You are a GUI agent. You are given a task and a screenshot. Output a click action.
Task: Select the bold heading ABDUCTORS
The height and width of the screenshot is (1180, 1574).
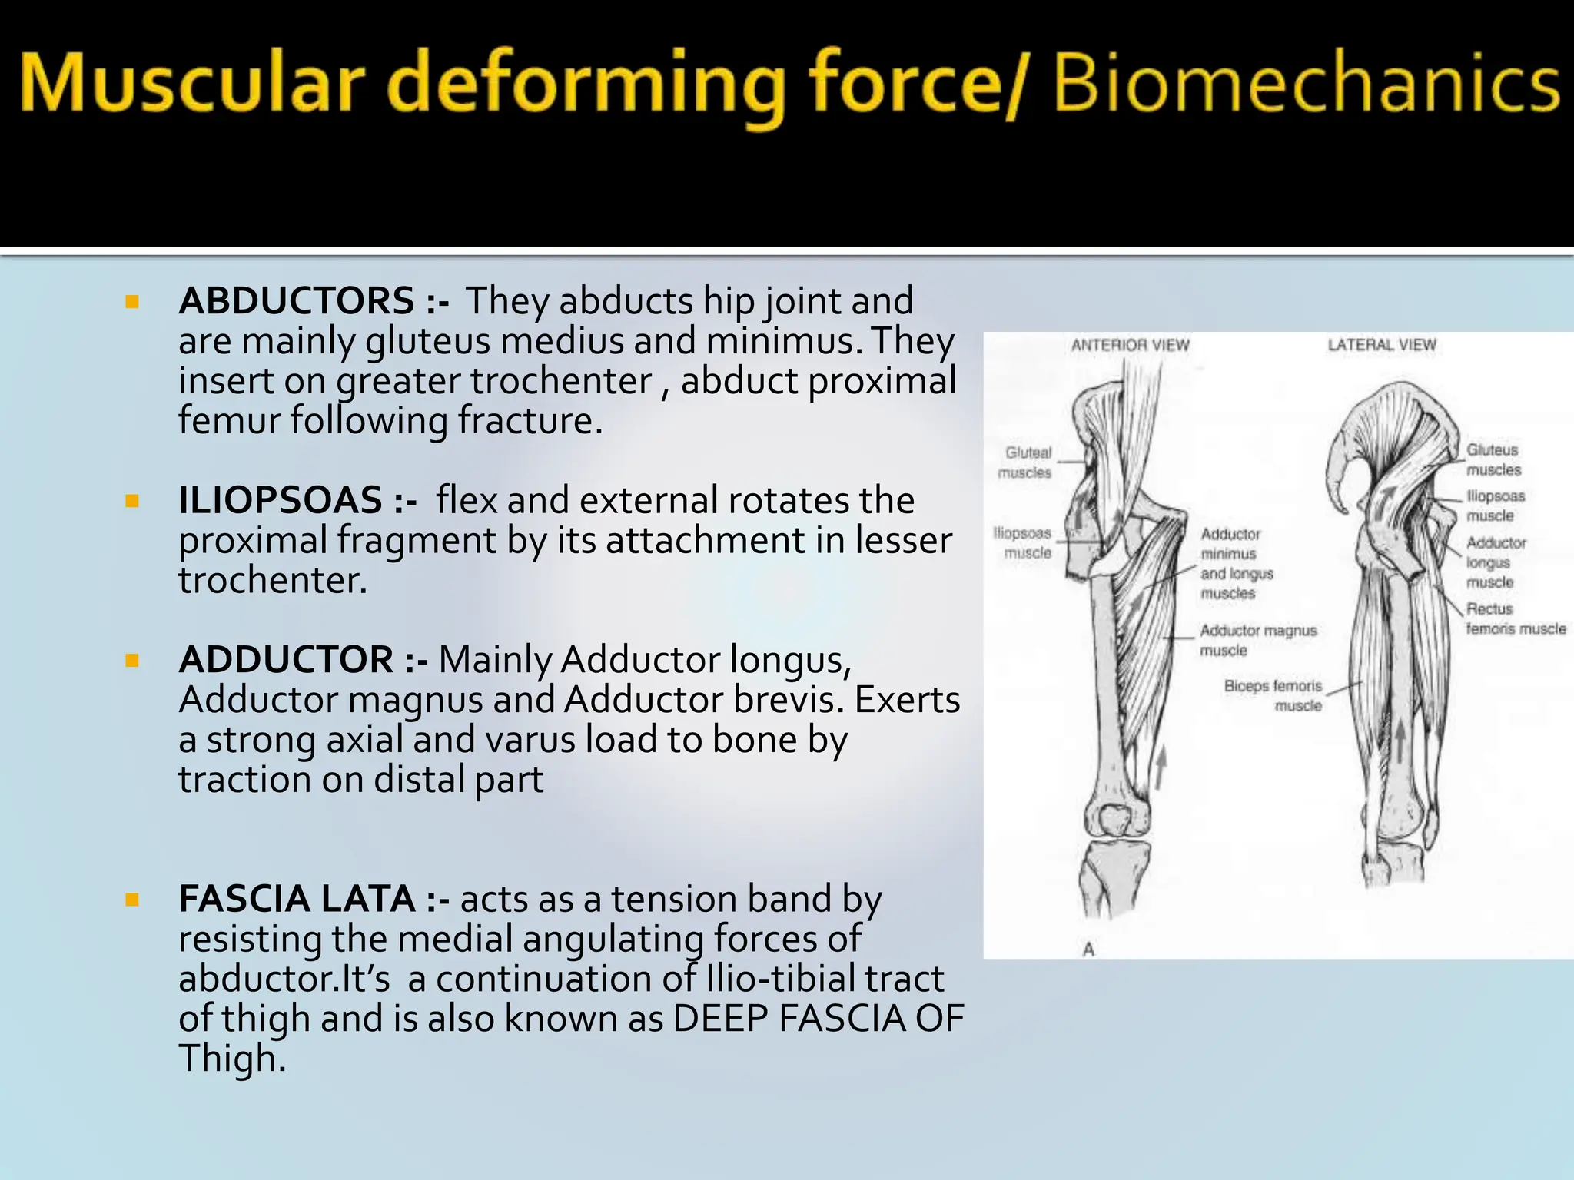pyautogui.click(x=297, y=300)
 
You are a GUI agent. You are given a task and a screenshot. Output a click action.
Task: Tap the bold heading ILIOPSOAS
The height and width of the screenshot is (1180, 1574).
pyautogui.click(x=281, y=500)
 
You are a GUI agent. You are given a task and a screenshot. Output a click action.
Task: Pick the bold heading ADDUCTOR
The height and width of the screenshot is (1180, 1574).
pyautogui.click(x=286, y=660)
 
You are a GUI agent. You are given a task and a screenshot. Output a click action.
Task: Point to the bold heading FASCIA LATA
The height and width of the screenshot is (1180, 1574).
pyautogui.click(x=297, y=899)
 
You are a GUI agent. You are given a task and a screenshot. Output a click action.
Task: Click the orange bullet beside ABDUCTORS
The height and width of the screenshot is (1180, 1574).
pyautogui.click(x=132, y=302)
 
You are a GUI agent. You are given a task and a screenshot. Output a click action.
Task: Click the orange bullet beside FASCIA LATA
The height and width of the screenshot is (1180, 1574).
pyautogui.click(x=132, y=900)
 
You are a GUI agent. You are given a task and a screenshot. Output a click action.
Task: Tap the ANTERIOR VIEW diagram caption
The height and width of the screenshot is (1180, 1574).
pyautogui.click(x=1130, y=346)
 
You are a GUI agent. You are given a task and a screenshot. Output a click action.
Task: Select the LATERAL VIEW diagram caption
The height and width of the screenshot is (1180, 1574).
pyautogui.click(x=1382, y=345)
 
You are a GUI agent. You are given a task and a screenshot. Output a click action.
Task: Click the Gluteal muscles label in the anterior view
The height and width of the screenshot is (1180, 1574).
pyautogui.click(x=1026, y=462)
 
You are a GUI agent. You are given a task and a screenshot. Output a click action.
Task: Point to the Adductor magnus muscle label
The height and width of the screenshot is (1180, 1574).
pyautogui.click(x=1257, y=640)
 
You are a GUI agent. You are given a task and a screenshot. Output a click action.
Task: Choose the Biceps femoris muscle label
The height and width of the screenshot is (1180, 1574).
pyautogui.click(x=1274, y=695)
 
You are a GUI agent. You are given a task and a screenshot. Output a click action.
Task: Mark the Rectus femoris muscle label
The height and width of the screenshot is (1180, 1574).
pyautogui.click(x=1514, y=618)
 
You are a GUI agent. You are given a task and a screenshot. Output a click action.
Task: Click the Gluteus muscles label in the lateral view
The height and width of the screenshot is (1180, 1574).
pyautogui.click(x=1493, y=459)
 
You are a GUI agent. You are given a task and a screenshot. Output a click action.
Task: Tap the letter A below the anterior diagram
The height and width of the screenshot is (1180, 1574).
pyautogui.click(x=1088, y=950)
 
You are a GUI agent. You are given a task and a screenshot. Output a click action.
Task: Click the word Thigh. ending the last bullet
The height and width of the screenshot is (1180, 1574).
pyautogui.click(x=232, y=1059)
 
